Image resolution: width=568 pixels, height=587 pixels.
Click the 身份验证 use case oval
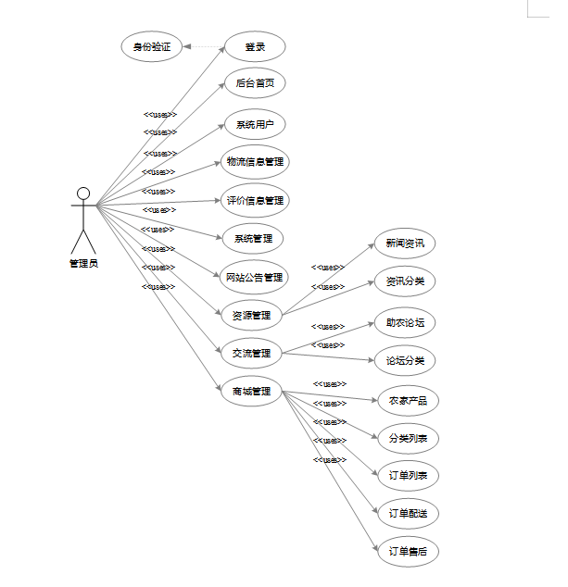click(x=151, y=46)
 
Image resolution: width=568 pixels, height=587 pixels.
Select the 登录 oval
click(x=255, y=46)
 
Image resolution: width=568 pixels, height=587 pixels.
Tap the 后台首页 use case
click(x=255, y=83)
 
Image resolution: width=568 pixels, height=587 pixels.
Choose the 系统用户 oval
click(x=255, y=124)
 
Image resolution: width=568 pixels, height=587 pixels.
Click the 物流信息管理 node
click(x=255, y=161)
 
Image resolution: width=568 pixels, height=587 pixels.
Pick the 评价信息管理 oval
click(x=255, y=200)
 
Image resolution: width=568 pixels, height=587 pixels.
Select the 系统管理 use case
click(x=253, y=238)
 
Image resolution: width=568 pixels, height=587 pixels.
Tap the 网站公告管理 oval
click(x=253, y=276)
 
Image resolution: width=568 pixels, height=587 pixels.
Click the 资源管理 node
click(x=251, y=315)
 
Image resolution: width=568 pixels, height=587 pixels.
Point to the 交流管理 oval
click(x=251, y=353)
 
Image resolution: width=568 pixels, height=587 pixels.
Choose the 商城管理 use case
click(x=251, y=391)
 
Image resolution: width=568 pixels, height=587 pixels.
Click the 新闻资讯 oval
click(x=405, y=244)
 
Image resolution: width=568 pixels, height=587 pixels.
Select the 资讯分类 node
click(x=405, y=281)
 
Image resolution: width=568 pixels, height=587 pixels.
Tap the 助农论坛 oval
click(x=405, y=323)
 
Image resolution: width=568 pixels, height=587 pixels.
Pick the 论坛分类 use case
click(x=405, y=360)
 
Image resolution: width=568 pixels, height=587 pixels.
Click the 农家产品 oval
click(x=407, y=401)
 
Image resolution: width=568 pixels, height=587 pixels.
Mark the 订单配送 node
click(x=408, y=513)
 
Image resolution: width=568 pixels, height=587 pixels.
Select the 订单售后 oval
click(x=408, y=552)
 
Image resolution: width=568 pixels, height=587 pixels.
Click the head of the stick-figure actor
click(x=83, y=194)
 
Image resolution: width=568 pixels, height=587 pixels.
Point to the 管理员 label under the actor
click(x=83, y=263)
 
